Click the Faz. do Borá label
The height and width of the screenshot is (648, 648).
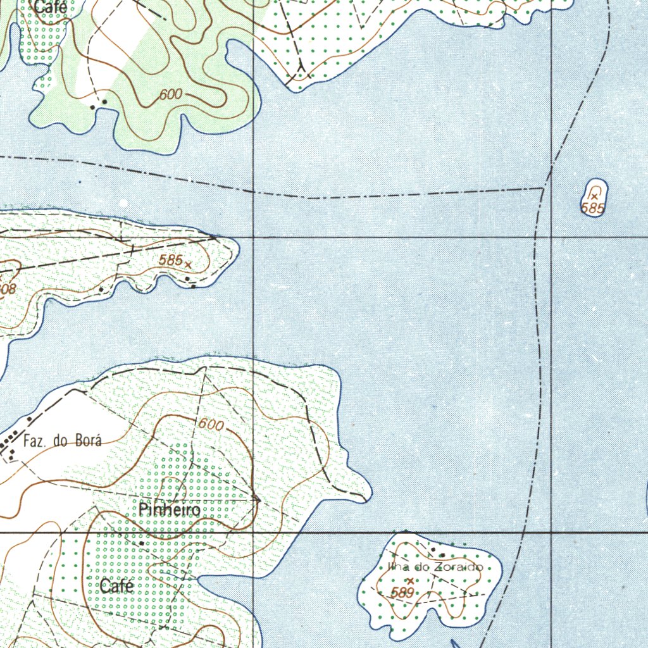coord(61,441)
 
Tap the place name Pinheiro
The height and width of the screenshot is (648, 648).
coord(170,510)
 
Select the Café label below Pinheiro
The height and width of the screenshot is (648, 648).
coord(116,587)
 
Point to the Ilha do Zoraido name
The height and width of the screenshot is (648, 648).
coord(435,567)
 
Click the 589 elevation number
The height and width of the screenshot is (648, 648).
coord(402,593)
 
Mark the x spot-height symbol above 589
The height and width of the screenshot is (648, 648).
coord(410,580)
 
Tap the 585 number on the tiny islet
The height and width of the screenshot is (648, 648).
coord(593,208)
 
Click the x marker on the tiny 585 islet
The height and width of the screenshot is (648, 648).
coord(594,197)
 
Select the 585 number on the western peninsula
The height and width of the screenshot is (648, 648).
coord(171,259)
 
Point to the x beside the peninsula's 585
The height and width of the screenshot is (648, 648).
coord(187,263)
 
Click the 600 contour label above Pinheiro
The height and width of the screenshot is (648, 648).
coord(211,426)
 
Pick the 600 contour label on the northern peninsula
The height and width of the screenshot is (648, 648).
coord(170,95)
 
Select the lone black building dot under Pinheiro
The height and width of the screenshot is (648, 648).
coord(142,543)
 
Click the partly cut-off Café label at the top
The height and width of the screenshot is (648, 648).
coord(51,8)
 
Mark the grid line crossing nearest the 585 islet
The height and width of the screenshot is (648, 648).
coord(552,237)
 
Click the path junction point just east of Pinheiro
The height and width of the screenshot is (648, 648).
coord(257,499)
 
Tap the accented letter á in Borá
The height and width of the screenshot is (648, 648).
coord(97,440)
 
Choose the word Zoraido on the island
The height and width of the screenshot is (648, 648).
coord(458,567)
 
